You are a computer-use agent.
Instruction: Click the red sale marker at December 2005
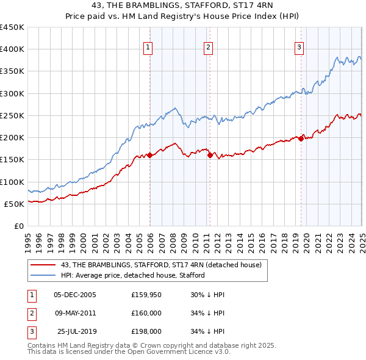tap(149, 155)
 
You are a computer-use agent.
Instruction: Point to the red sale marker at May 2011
tap(210, 155)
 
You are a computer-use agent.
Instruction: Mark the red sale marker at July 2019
tap(301, 139)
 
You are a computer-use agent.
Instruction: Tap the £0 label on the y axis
tap(18, 226)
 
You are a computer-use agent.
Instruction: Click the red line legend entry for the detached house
tap(161, 265)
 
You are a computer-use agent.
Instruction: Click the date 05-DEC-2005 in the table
tap(75, 295)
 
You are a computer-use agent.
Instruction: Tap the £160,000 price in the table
tap(146, 313)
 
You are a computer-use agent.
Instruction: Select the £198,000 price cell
tap(146, 331)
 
